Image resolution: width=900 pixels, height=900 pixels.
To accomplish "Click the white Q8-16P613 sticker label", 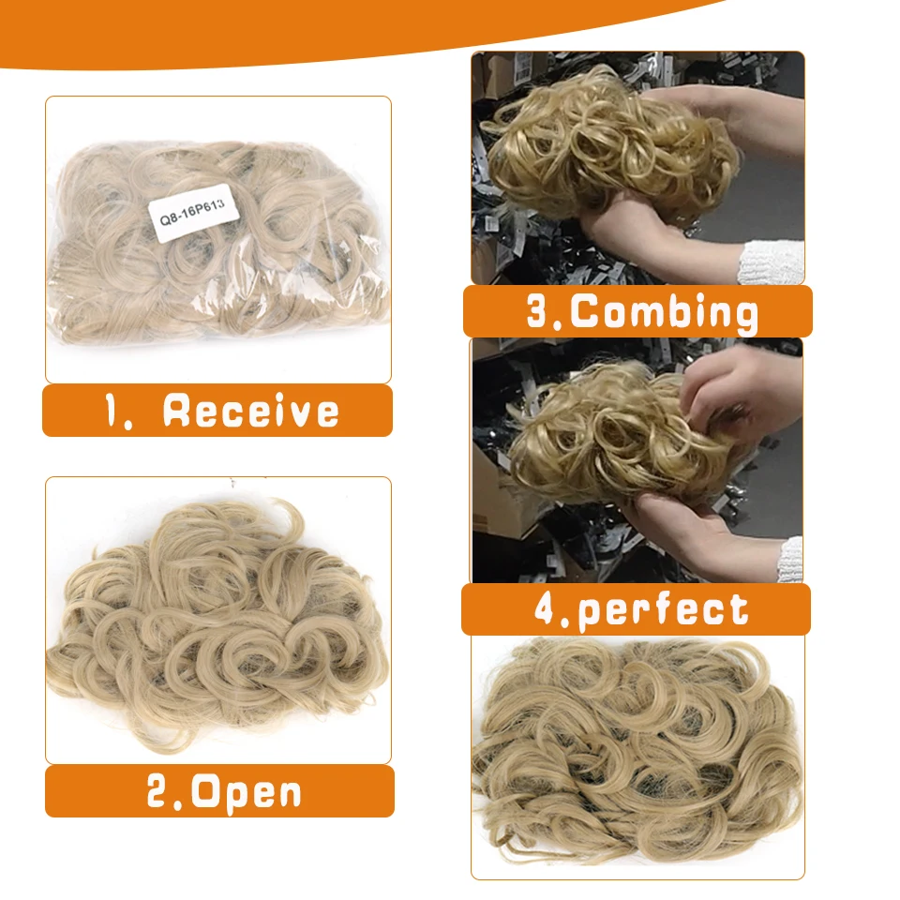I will (198, 214).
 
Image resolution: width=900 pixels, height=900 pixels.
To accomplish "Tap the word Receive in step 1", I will (250, 411).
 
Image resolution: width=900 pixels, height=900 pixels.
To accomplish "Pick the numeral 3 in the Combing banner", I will (542, 312).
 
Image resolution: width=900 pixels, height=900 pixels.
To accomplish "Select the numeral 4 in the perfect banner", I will (547, 610).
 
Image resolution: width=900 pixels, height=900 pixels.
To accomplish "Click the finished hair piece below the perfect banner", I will (637, 750).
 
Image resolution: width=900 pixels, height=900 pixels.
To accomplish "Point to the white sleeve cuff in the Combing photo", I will (771, 262).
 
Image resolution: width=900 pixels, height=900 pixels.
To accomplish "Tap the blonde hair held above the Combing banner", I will (600, 150).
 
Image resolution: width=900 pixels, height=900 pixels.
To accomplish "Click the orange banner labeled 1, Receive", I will (217, 411).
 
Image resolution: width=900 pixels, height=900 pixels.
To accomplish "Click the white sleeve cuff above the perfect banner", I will (790, 559).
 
